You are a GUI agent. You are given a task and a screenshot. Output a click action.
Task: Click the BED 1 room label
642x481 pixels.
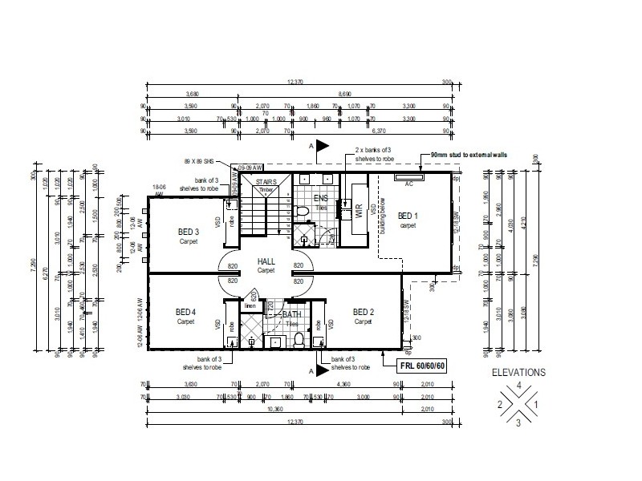409,216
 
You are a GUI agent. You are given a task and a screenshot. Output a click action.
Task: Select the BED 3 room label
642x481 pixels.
189,232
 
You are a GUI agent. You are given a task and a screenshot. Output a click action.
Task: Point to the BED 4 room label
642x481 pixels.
187,312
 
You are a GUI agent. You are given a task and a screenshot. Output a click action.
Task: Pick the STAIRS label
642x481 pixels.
266,182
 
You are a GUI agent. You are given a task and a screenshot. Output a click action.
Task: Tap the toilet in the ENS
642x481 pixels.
303,211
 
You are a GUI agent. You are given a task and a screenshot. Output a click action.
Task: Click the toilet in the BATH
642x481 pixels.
275,341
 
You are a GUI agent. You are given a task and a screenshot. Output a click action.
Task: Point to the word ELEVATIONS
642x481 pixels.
518,373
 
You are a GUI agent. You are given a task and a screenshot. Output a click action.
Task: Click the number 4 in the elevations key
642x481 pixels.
519,386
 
